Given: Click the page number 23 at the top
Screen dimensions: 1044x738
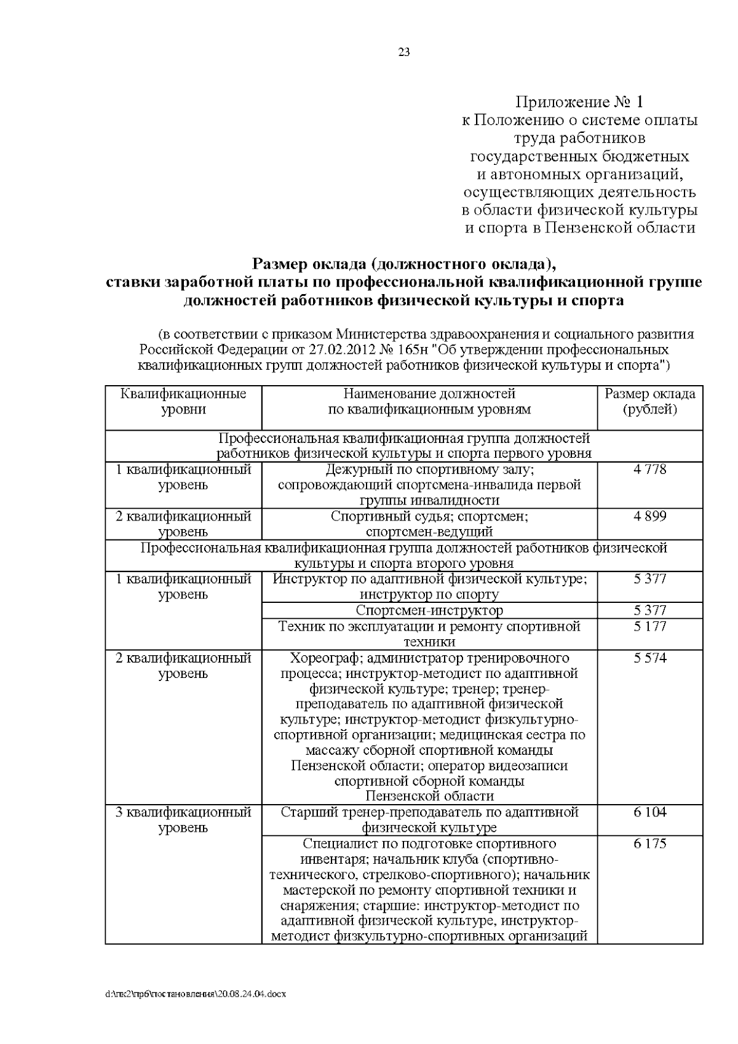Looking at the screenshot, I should [404, 52].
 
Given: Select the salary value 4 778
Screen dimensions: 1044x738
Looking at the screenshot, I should [649, 469].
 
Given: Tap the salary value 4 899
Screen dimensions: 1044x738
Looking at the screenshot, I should [649, 516].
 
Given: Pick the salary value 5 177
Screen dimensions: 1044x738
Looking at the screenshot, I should [649, 626].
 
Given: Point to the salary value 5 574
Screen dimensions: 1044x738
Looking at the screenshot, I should [649, 658].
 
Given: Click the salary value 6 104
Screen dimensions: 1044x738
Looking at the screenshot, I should [649, 812].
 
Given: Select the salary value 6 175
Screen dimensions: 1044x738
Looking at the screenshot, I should [649, 843].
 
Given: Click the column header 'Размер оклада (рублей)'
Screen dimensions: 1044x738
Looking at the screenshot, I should [649, 401].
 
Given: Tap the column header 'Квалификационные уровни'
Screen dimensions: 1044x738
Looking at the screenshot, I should [183, 401].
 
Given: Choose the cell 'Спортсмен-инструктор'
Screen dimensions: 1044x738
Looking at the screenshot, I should [429, 610].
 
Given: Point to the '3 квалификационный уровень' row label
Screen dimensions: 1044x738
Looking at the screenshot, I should [183, 819].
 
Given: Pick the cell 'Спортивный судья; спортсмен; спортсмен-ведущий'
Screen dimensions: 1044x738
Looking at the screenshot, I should [429, 524].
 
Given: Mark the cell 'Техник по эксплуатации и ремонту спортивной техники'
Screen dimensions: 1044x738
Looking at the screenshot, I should [429, 634].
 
